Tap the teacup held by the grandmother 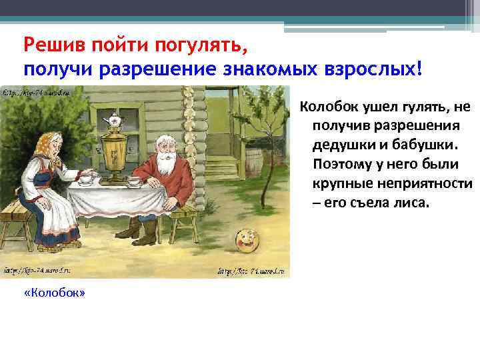coord(86,178)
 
